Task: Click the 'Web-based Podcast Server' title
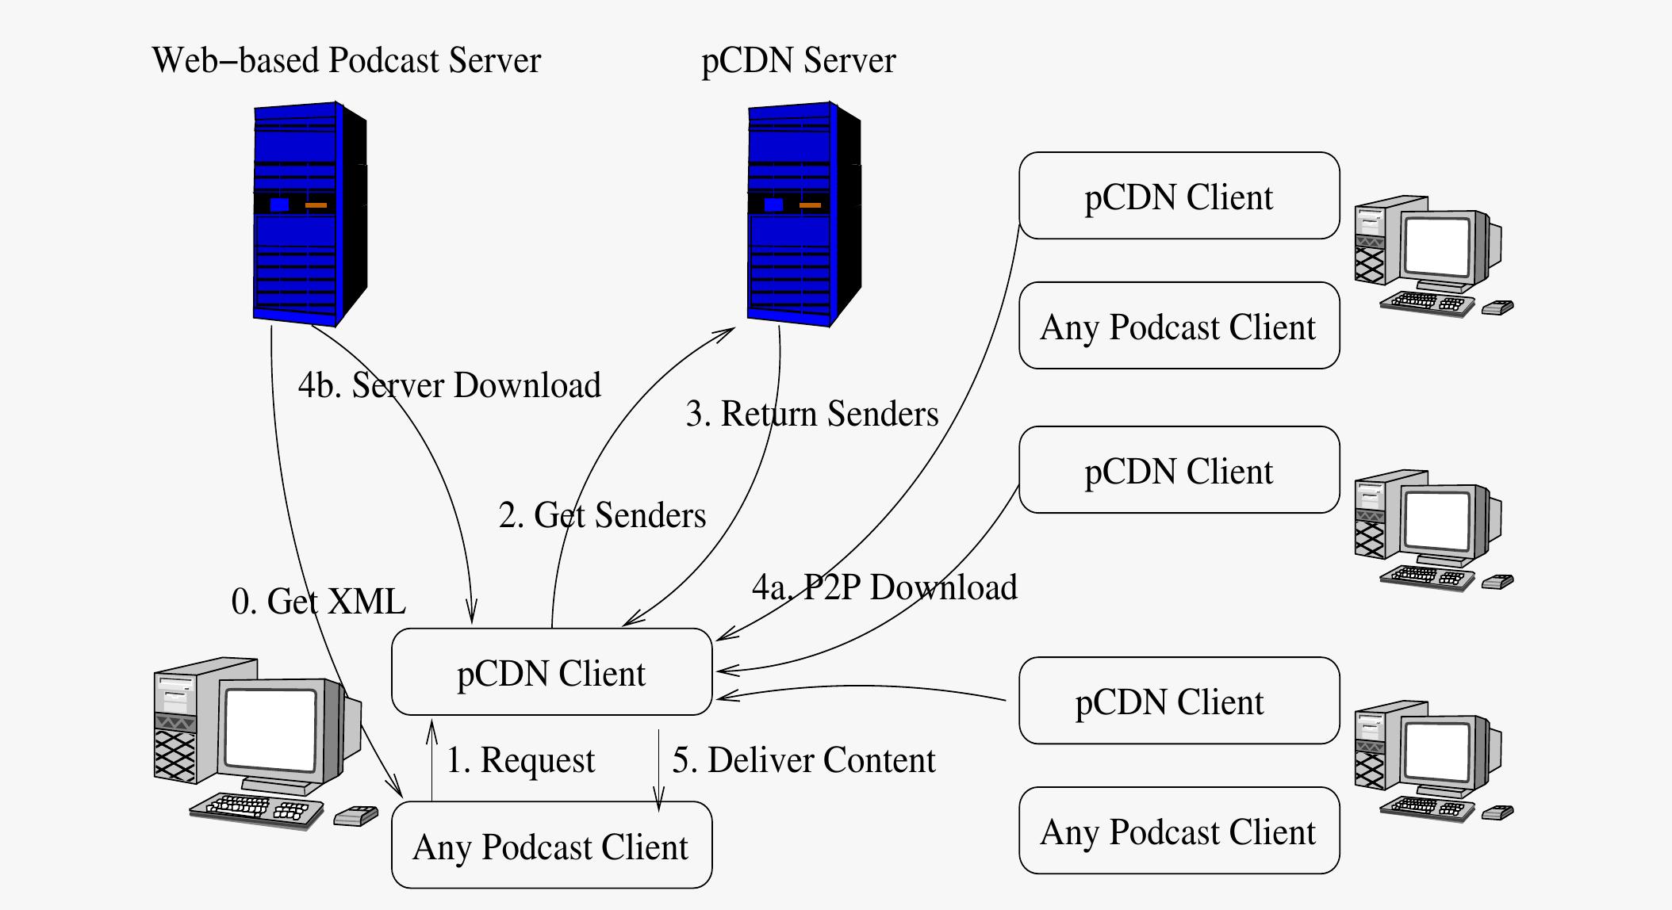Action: [x=346, y=61]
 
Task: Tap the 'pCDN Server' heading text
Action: [x=798, y=61]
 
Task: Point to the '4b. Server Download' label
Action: [x=449, y=386]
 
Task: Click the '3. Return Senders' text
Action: [x=811, y=415]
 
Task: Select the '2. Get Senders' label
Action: [x=602, y=516]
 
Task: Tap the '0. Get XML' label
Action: [x=318, y=602]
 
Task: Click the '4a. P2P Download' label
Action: [x=884, y=588]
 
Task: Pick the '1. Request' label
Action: [x=520, y=761]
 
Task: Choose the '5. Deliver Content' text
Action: [x=803, y=761]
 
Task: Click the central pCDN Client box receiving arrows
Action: [x=551, y=672]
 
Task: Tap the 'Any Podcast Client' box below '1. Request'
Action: [x=551, y=845]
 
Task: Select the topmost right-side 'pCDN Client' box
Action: [x=1179, y=196]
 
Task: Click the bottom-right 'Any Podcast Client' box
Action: [x=1179, y=831]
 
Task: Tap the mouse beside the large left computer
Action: [x=355, y=816]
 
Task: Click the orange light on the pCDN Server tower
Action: [x=810, y=205]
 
